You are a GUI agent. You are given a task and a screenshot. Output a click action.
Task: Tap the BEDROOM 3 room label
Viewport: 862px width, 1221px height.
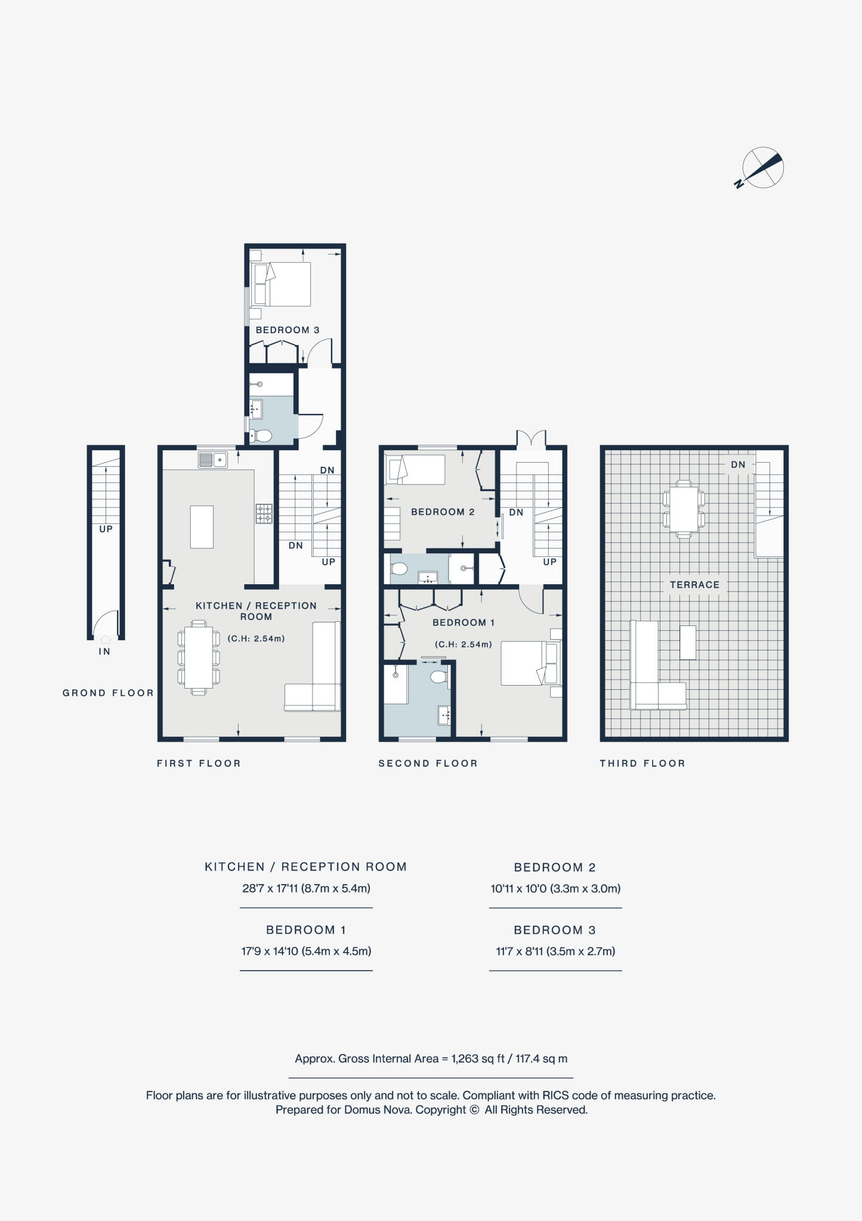pos(288,330)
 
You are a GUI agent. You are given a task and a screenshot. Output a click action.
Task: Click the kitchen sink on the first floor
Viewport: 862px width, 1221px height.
pos(212,460)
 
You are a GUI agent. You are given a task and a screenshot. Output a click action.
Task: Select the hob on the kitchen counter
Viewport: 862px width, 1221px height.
pos(264,513)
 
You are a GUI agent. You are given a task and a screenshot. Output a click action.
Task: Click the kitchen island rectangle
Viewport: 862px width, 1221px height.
pos(202,526)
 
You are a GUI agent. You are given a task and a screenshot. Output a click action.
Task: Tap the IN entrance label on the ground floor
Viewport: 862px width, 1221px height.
pos(104,652)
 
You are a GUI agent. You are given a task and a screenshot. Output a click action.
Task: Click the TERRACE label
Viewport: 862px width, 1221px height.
pos(694,585)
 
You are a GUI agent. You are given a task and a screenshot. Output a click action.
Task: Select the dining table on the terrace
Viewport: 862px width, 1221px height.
pos(684,509)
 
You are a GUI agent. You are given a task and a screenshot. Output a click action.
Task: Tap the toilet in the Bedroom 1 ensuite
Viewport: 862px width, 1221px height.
pos(438,677)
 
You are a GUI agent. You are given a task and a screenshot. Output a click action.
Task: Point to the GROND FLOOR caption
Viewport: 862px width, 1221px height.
pos(108,693)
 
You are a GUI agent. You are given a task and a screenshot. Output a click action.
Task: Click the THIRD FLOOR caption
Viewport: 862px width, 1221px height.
pos(642,763)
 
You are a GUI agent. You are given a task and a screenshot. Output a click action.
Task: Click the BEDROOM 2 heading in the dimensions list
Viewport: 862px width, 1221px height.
pos(555,867)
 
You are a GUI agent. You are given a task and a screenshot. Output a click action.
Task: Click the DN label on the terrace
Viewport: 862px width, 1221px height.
pos(738,464)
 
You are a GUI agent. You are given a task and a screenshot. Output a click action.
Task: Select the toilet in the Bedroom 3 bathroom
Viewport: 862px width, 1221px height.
pos(261,436)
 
